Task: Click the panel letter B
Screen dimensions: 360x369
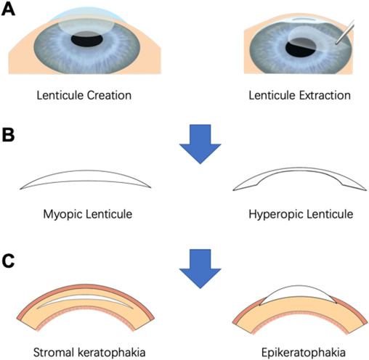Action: [12, 136]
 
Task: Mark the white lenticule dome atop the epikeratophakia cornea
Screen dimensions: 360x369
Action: [299, 295]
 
